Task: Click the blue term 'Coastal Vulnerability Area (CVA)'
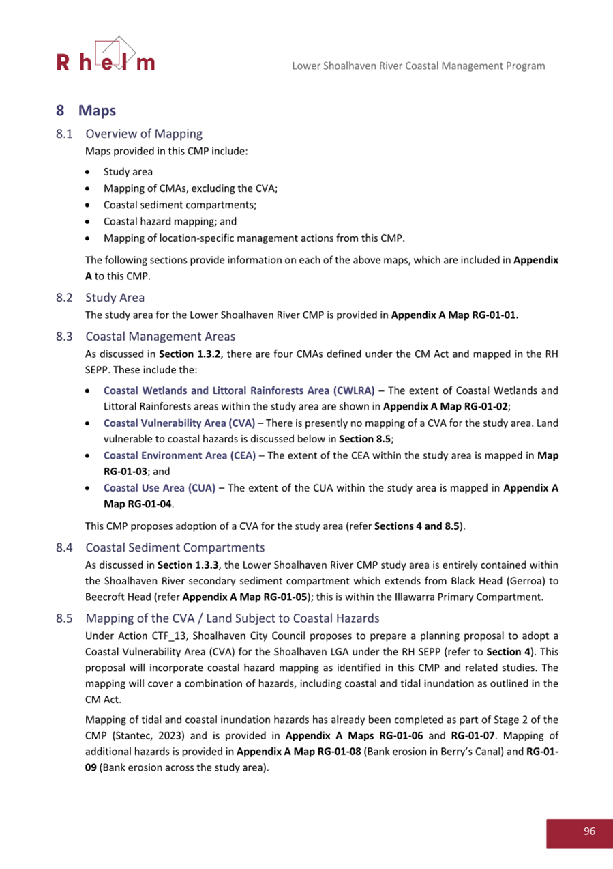pyautogui.click(x=179, y=423)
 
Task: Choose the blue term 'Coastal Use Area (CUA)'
pyautogui.click(x=159, y=488)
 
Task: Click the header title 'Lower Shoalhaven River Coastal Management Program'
pyautogui.click(x=418, y=66)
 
